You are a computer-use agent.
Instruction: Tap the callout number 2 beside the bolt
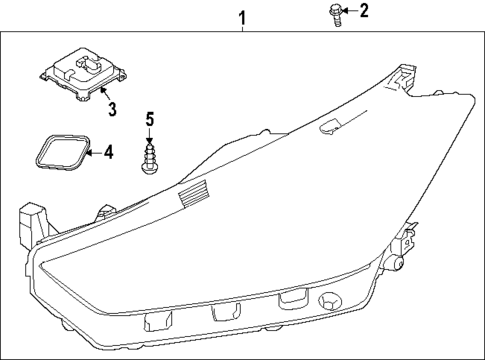(x=364, y=12)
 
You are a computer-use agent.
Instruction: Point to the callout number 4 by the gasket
(x=109, y=153)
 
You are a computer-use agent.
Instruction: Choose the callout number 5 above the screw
(x=149, y=120)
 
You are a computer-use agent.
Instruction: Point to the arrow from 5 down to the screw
(x=149, y=135)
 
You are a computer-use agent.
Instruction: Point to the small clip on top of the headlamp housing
(x=327, y=125)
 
